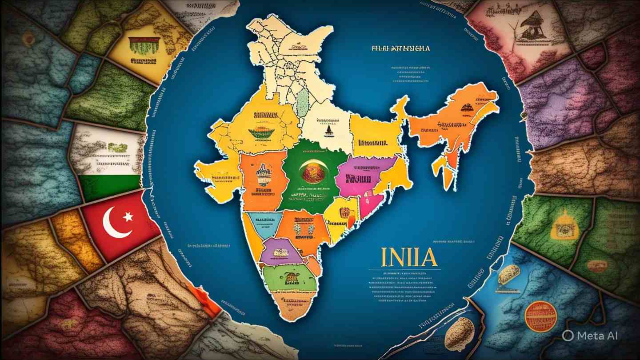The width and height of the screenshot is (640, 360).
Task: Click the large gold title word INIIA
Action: coord(409,257)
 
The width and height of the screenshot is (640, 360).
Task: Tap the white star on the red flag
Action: coord(128,216)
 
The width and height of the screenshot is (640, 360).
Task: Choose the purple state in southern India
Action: coord(278,252)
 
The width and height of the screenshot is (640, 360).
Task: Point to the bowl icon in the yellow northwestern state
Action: coord(261,132)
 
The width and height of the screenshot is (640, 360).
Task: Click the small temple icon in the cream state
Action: coord(328,130)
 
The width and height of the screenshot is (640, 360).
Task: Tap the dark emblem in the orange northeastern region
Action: coord(467,108)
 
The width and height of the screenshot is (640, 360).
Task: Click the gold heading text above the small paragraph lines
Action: coord(400,48)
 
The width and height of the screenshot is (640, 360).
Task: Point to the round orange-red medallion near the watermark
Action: coord(540,316)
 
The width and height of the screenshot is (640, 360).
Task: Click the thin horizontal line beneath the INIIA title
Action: coord(404,269)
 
